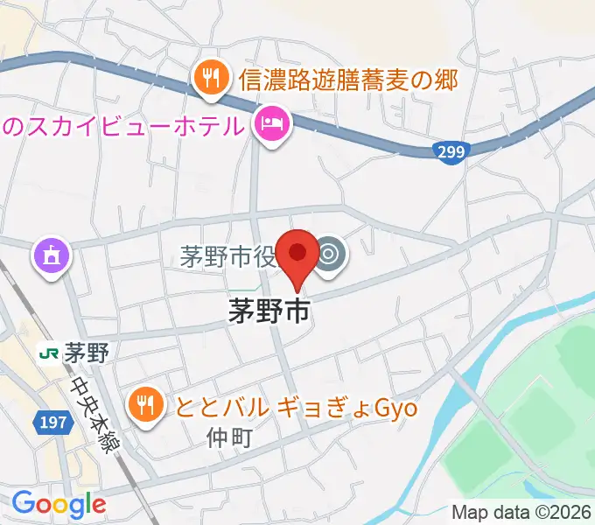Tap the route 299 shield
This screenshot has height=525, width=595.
click(451, 151)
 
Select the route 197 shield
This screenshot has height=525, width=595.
click(50, 423)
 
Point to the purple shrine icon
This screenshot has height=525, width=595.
click(48, 256)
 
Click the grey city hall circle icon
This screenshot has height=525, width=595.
click(330, 255)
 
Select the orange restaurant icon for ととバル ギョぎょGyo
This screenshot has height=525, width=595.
click(144, 404)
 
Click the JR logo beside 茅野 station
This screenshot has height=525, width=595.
click(48, 353)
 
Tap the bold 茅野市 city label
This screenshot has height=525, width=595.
click(269, 311)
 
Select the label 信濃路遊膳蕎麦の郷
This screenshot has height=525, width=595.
click(348, 80)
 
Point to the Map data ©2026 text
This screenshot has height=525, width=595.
click(521, 512)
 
